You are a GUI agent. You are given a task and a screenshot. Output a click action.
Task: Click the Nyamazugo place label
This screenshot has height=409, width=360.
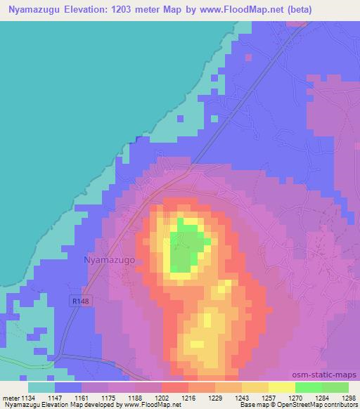click(x=109, y=259)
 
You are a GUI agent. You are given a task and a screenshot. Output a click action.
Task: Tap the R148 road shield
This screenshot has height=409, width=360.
click(x=81, y=301)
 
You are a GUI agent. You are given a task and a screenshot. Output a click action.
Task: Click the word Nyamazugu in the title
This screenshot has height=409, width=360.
click(x=35, y=9)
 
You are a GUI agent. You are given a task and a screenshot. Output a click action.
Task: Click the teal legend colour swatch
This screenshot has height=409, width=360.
click(x=41, y=387)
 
